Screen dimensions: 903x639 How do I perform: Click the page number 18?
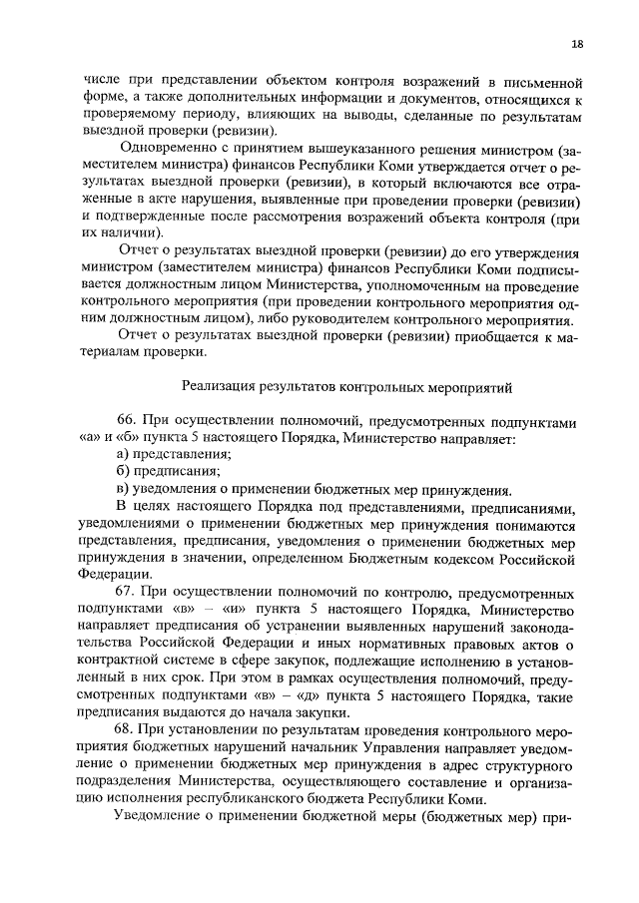[x=578, y=45]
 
